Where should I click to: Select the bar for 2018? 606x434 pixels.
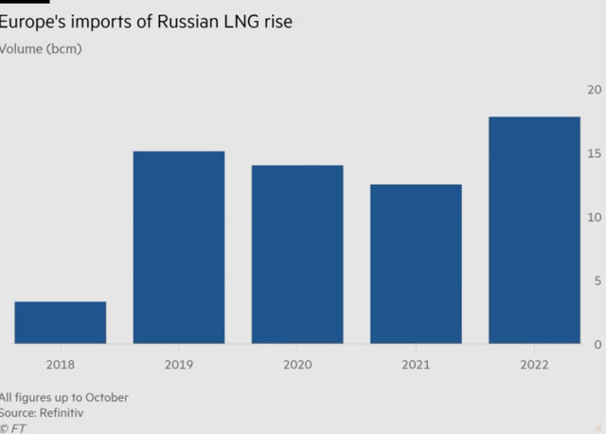[60, 322]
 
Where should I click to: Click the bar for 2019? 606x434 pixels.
[179, 247]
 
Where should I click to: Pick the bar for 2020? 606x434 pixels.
[297, 254]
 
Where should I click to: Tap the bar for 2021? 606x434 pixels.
[416, 263]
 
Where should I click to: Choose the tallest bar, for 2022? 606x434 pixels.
[534, 230]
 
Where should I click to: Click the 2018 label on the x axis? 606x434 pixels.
[60, 365]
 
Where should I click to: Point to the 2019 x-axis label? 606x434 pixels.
[179, 365]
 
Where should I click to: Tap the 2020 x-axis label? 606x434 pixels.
[297, 365]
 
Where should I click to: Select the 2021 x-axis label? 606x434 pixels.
[416, 365]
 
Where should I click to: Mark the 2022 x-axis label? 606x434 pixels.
[534, 365]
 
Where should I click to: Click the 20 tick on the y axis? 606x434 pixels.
[595, 90]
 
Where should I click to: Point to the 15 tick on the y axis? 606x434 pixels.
[595, 154]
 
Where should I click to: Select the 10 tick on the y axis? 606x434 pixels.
[595, 217]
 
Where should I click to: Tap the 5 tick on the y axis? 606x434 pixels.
[597, 280]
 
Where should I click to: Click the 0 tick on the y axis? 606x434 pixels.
[597, 344]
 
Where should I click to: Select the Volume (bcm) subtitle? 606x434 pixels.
[42, 48]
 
